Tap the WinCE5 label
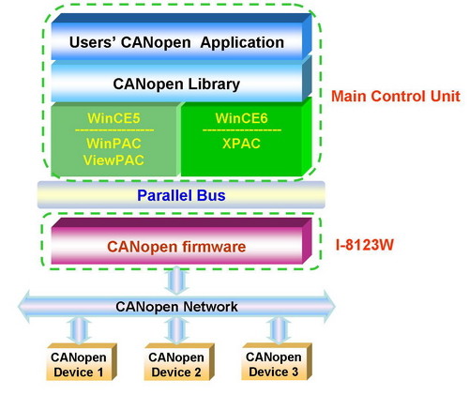[113, 118]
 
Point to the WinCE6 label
[241, 118]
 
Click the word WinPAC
[113, 144]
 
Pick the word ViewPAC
[113, 160]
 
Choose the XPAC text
[241, 144]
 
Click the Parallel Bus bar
[181, 195]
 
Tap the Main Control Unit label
[396, 96]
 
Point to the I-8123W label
[365, 245]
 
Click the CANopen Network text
[176, 307]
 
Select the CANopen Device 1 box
[82, 362]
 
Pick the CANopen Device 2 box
[179, 362]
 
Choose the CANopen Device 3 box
[277, 362]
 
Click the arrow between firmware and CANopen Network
[176, 281]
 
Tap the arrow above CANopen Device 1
[79, 330]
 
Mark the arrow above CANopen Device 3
[277, 330]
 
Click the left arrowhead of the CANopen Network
[24, 307]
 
